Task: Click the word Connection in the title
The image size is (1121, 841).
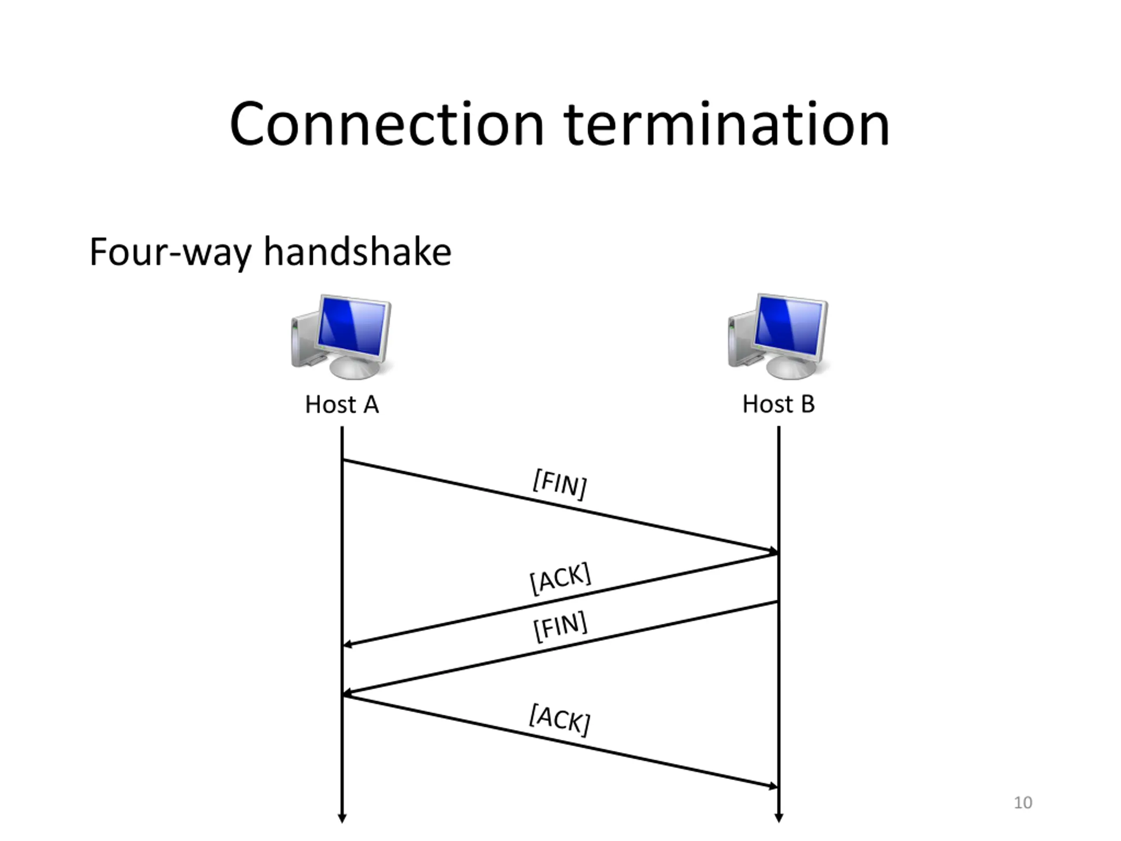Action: pos(386,125)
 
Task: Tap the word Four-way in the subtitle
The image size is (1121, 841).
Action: pos(170,252)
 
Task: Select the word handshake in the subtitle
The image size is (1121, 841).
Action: pos(357,252)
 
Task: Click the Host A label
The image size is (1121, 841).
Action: pos(342,405)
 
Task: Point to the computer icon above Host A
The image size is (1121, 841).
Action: pos(342,336)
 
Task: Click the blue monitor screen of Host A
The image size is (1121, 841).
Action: pos(352,326)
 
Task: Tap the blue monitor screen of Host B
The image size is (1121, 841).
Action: pos(789,325)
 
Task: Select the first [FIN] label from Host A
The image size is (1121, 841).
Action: pos(560,484)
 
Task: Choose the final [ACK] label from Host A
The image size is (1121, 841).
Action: pos(560,719)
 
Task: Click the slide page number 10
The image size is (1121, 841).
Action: pos(1022,802)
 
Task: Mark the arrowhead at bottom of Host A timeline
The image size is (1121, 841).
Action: pos(342,818)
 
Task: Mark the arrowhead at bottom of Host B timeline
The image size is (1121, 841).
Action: pos(779,818)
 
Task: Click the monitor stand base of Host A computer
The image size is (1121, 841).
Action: pos(354,369)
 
